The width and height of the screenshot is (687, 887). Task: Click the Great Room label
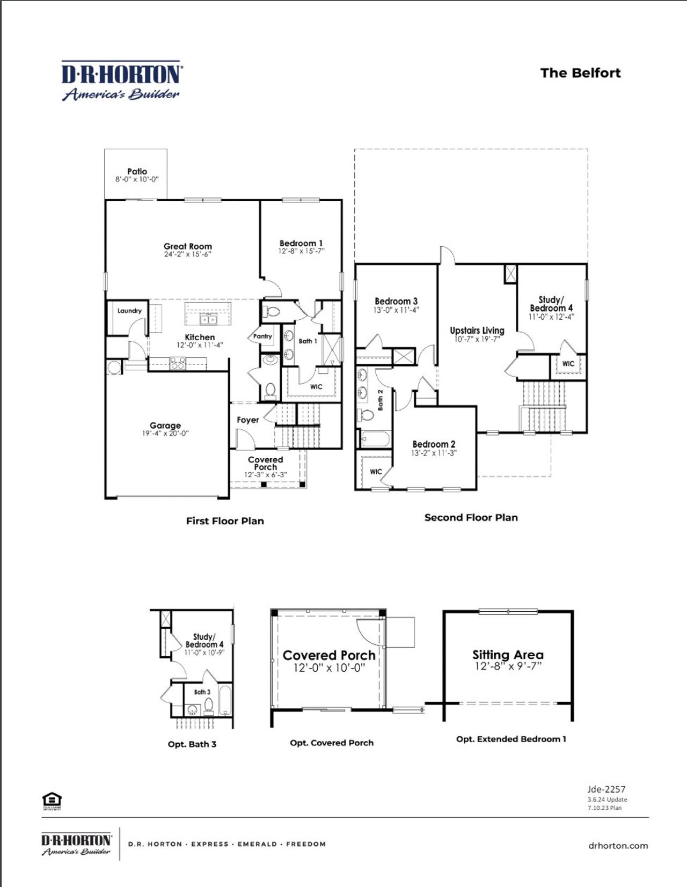[x=188, y=246]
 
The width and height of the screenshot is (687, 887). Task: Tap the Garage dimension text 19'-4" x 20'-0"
[x=165, y=433]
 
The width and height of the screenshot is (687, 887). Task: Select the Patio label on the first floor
[x=137, y=171]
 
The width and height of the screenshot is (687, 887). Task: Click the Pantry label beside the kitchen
[x=262, y=336]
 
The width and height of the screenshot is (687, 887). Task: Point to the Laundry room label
[x=129, y=311]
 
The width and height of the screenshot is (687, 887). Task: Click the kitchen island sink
[x=208, y=320]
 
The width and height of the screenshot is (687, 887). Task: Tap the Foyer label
[x=247, y=420]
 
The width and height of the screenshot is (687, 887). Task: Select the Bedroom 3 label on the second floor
[x=396, y=301]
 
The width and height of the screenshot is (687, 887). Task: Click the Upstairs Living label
[x=477, y=330]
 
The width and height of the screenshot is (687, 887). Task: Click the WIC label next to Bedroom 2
[x=376, y=472]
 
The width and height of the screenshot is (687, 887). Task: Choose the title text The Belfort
[x=580, y=73]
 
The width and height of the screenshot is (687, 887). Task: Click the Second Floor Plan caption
[x=471, y=517]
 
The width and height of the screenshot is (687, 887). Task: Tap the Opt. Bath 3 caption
[x=192, y=744]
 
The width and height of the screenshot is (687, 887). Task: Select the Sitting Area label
[x=508, y=655]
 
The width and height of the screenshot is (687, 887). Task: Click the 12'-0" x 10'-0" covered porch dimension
[x=329, y=668]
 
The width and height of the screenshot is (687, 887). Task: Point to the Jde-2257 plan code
[x=606, y=789]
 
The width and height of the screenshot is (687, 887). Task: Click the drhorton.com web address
[x=618, y=846]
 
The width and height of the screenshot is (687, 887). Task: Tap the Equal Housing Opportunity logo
[x=52, y=800]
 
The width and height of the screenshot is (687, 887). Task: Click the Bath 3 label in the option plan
[x=202, y=692]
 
